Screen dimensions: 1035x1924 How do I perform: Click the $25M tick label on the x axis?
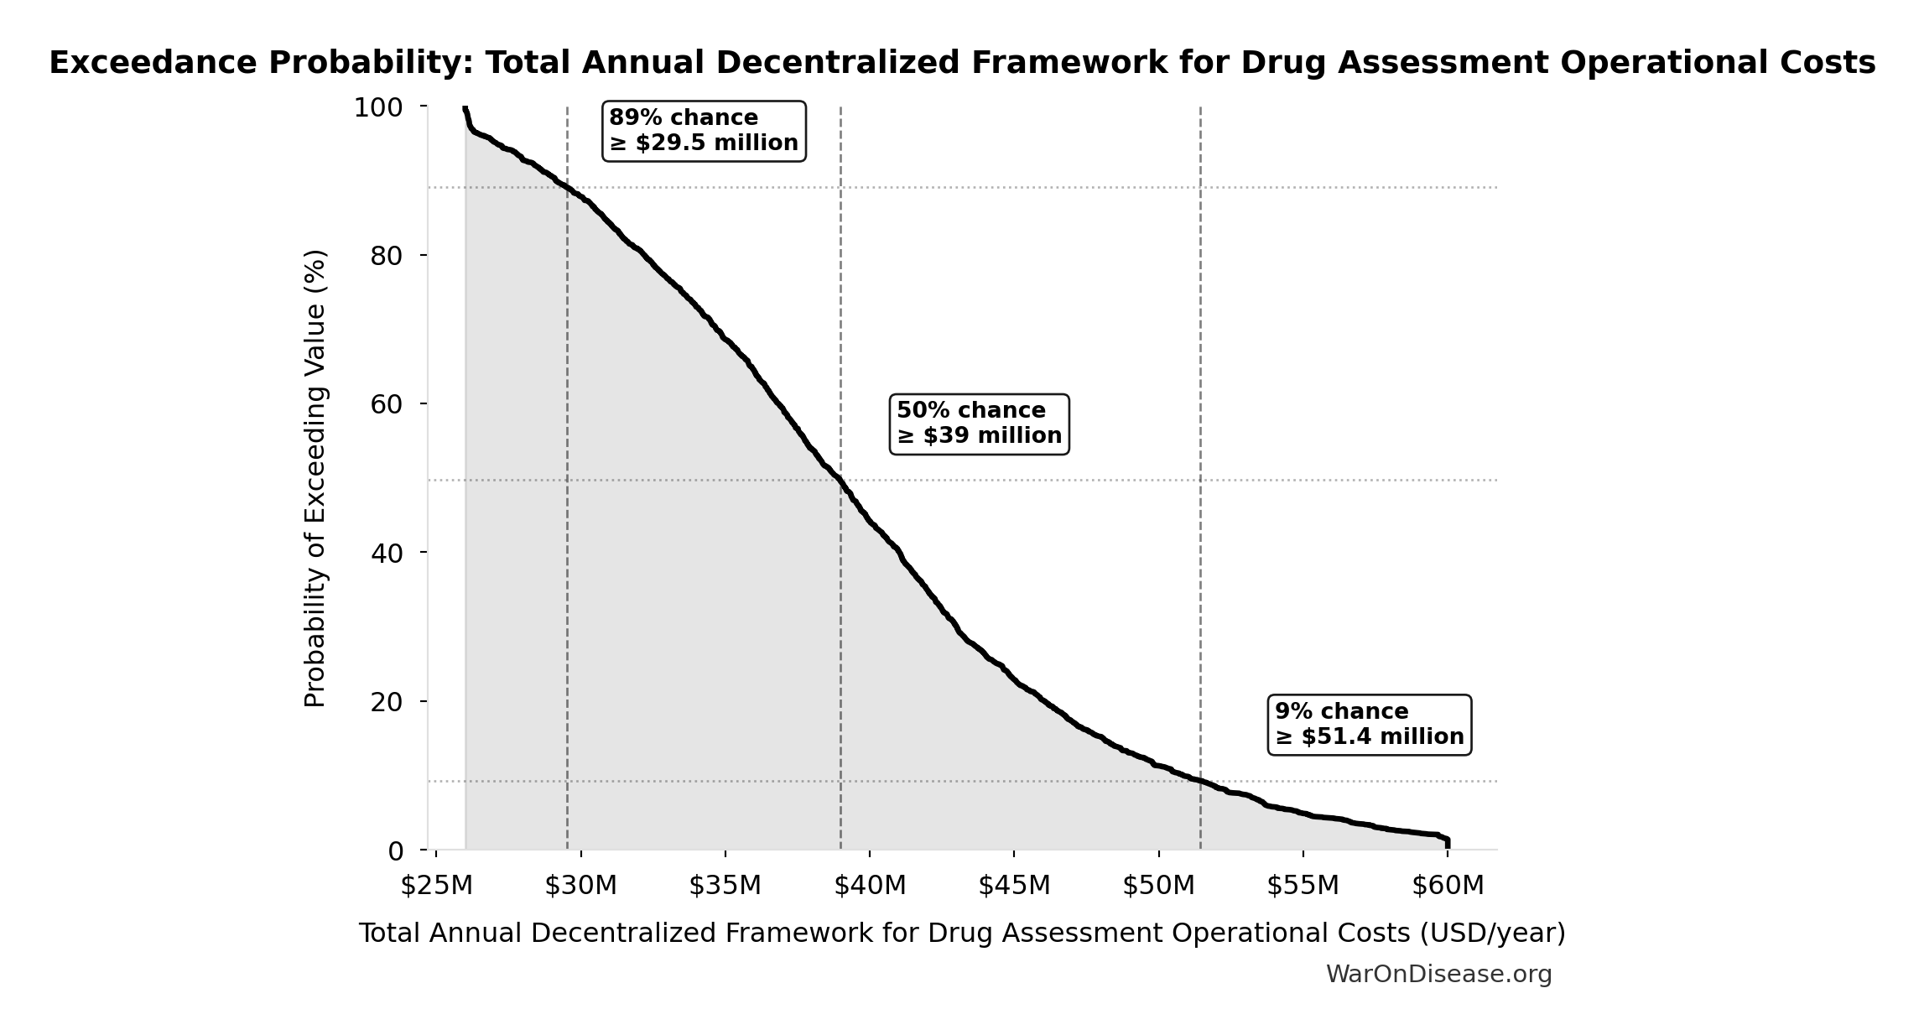(x=436, y=885)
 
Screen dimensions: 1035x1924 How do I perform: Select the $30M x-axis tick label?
(x=580, y=885)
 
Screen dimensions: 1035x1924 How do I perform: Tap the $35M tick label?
(x=725, y=885)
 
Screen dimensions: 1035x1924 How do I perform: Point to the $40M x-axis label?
(x=870, y=885)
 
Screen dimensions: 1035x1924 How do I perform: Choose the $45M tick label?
(x=1014, y=885)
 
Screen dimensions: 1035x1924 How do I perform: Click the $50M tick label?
(x=1158, y=885)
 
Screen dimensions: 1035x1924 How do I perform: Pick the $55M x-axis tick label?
(x=1303, y=885)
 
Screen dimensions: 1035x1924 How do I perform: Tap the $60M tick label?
(x=1448, y=885)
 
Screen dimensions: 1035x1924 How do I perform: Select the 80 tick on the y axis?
(x=387, y=256)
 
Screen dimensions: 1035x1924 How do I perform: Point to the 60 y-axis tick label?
(x=387, y=404)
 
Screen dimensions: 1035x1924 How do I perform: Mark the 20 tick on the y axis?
(x=387, y=701)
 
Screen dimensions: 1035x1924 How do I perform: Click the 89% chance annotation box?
(x=704, y=131)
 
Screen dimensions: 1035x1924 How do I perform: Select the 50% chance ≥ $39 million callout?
(x=979, y=424)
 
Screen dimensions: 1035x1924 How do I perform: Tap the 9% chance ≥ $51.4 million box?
(x=1369, y=725)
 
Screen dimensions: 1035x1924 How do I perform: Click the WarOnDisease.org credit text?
(x=1438, y=974)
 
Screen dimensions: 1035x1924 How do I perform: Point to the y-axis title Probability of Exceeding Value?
(x=315, y=478)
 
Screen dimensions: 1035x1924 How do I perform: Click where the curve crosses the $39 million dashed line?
(x=840, y=481)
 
